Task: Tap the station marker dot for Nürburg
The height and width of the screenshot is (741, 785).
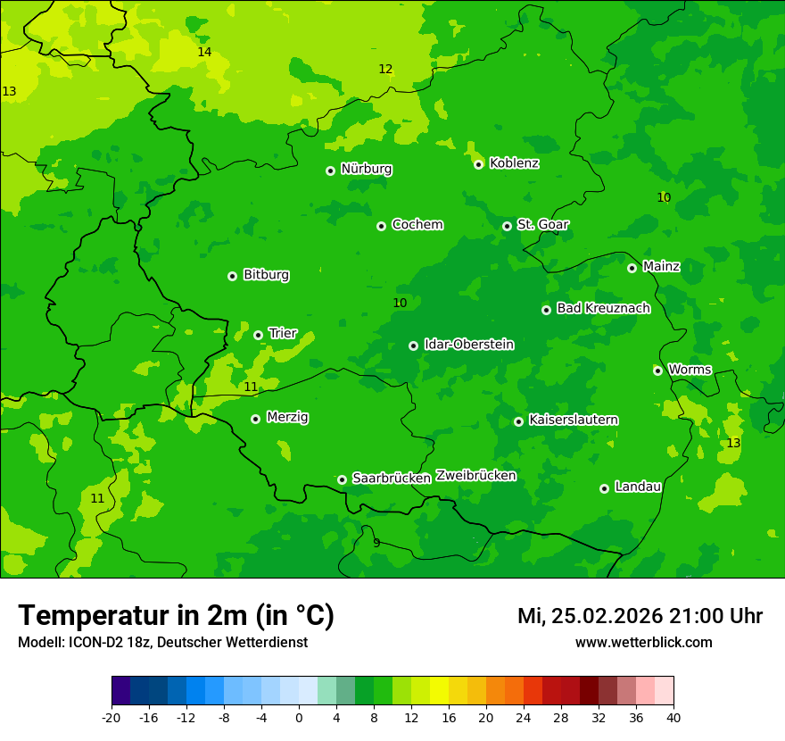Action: pos(330,171)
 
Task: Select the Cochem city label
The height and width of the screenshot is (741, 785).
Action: pos(417,225)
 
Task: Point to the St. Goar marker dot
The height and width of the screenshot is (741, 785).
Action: pos(507,226)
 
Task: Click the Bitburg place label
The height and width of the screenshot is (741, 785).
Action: pos(266,275)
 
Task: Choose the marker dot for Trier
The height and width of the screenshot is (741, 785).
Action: pos(258,335)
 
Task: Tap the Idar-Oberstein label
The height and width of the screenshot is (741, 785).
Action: pos(468,345)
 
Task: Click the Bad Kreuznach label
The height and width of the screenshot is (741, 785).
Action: pos(603,309)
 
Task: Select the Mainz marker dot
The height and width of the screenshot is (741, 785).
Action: pos(632,268)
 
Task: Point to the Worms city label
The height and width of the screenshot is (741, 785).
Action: pos(690,370)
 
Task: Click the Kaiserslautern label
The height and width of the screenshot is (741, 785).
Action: pos(574,420)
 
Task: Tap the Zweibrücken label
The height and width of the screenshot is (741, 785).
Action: pos(475,476)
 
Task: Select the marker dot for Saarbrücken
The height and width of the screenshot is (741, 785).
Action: pos(342,479)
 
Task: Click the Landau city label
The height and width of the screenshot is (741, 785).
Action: pos(638,487)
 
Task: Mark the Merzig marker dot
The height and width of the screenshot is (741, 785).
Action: pos(255,419)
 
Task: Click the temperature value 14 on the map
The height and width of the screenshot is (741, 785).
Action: pos(204,53)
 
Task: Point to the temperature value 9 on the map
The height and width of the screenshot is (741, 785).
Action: pos(376,543)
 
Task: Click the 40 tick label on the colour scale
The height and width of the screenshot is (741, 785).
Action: pos(673,718)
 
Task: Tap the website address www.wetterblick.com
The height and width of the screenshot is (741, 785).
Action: pos(643,643)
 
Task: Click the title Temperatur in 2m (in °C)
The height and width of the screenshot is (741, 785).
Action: pos(176,615)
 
